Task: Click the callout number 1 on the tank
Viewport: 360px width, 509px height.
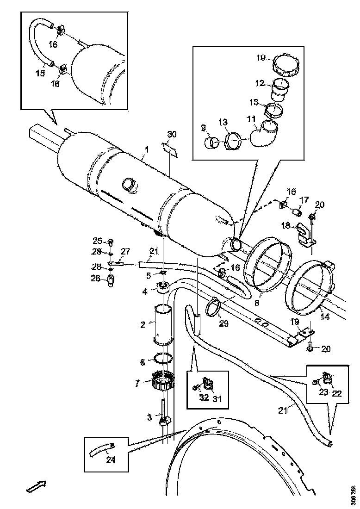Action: [147, 149]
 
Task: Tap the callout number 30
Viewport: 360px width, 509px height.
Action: [172, 135]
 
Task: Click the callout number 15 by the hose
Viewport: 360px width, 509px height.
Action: [41, 74]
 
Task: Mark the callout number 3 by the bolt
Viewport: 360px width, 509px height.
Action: [149, 418]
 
